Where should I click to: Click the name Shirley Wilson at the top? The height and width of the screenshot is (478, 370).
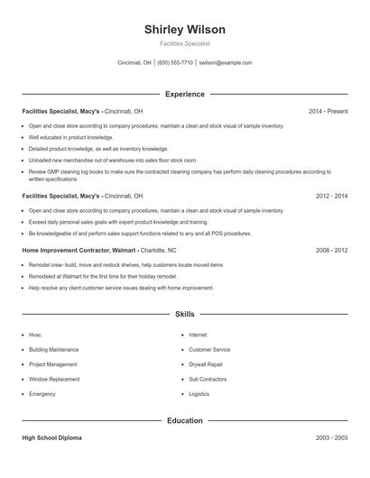tap(185, 30)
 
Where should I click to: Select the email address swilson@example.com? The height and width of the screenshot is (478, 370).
tap(226, 63)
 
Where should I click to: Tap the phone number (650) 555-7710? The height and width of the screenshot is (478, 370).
tap(175, 63)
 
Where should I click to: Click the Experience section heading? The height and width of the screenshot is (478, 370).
tap(185, 94)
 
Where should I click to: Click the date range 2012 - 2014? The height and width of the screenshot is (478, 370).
tap(331, 195)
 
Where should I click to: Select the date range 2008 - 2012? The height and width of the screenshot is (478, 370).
tap(331, 249)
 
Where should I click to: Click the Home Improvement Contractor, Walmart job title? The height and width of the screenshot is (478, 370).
tap(79, 249)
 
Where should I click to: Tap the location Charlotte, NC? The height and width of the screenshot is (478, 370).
tap(159, 249)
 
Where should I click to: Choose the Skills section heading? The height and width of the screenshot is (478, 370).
tap(185, 315)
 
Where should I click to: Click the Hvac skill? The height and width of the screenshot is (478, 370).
tap(35, 335)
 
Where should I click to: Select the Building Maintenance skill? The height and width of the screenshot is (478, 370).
tap(53, 349)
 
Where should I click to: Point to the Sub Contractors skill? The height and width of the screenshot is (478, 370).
tap(208, 380)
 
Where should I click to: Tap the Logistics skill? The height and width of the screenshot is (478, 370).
tap(199, 394)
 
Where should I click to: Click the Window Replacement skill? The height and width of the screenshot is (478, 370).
tap(54, 380)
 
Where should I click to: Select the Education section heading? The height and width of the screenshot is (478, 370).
tap(185, 420)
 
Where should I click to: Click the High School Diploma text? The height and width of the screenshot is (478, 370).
tap(51, 437)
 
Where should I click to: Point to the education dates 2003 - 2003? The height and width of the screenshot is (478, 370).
tap(331, 437)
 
